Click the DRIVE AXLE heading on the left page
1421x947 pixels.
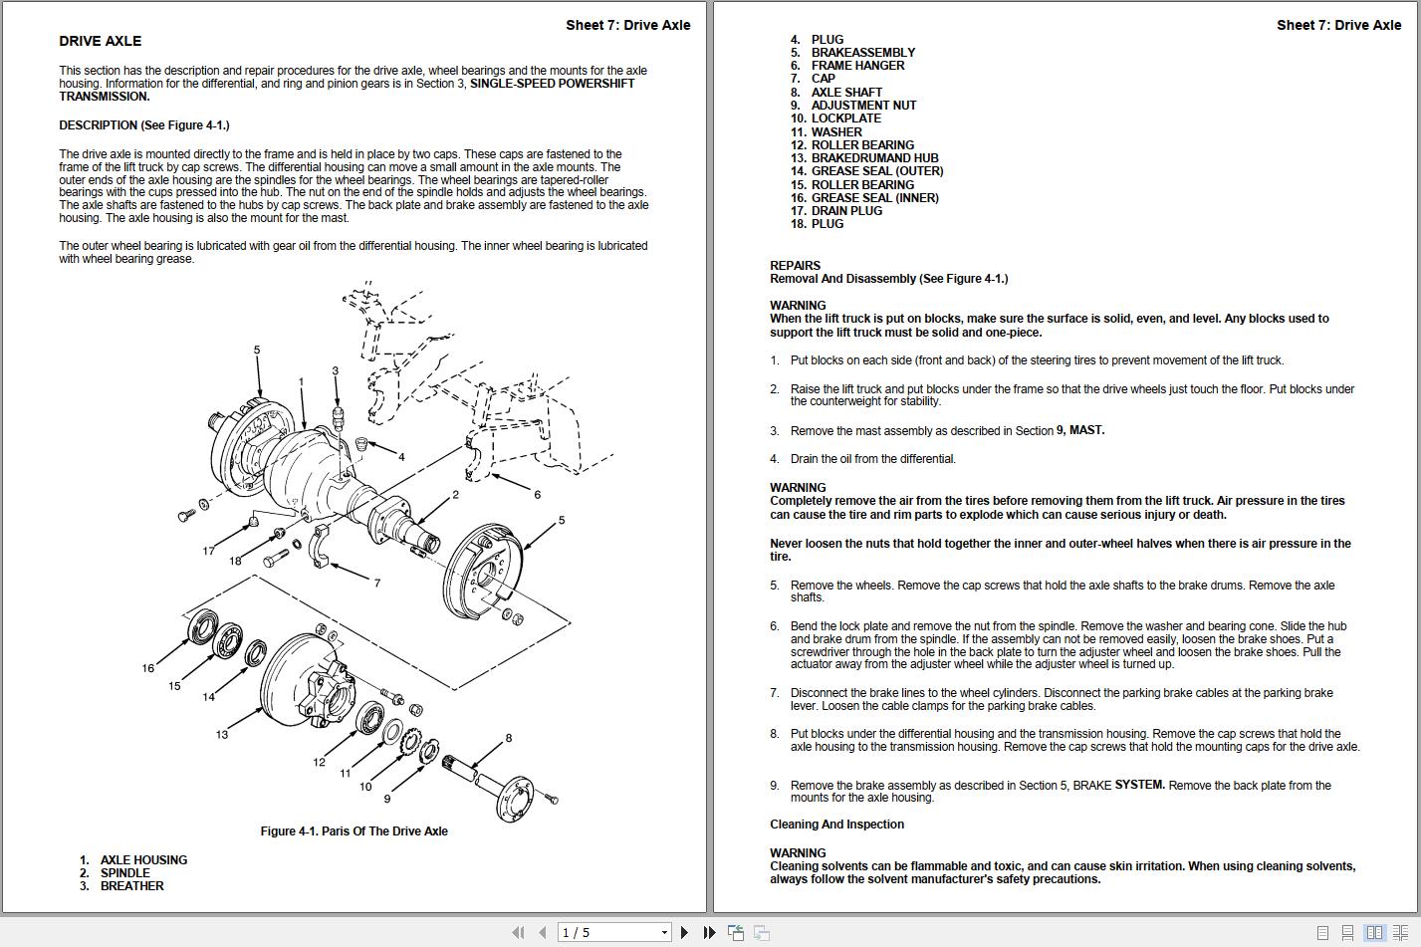coord(100,41)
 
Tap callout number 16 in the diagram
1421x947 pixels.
coord(147,668)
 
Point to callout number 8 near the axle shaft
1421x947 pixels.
coord(508,738)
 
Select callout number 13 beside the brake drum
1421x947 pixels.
coord(221,735)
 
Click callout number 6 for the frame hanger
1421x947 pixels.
coord(537,495)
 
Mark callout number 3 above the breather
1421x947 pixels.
coord(336,370)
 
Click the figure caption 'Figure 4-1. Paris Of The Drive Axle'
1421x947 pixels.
coord(354,831)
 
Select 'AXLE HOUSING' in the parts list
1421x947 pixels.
coord(143,860)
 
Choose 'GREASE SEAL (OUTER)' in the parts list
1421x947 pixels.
coord(876,171)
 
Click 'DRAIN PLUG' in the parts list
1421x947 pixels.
coord(846,211)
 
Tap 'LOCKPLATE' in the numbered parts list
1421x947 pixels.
coord(845,118)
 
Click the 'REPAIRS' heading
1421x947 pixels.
coord(795,266)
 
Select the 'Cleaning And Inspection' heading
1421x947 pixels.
coord(836,825)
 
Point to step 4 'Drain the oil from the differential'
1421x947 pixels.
coord(872,459)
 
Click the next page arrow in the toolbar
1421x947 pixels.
coord(684,932)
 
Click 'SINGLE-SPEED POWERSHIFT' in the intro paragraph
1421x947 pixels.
coord(552,84)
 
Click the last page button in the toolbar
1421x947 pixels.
coord(709,932)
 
